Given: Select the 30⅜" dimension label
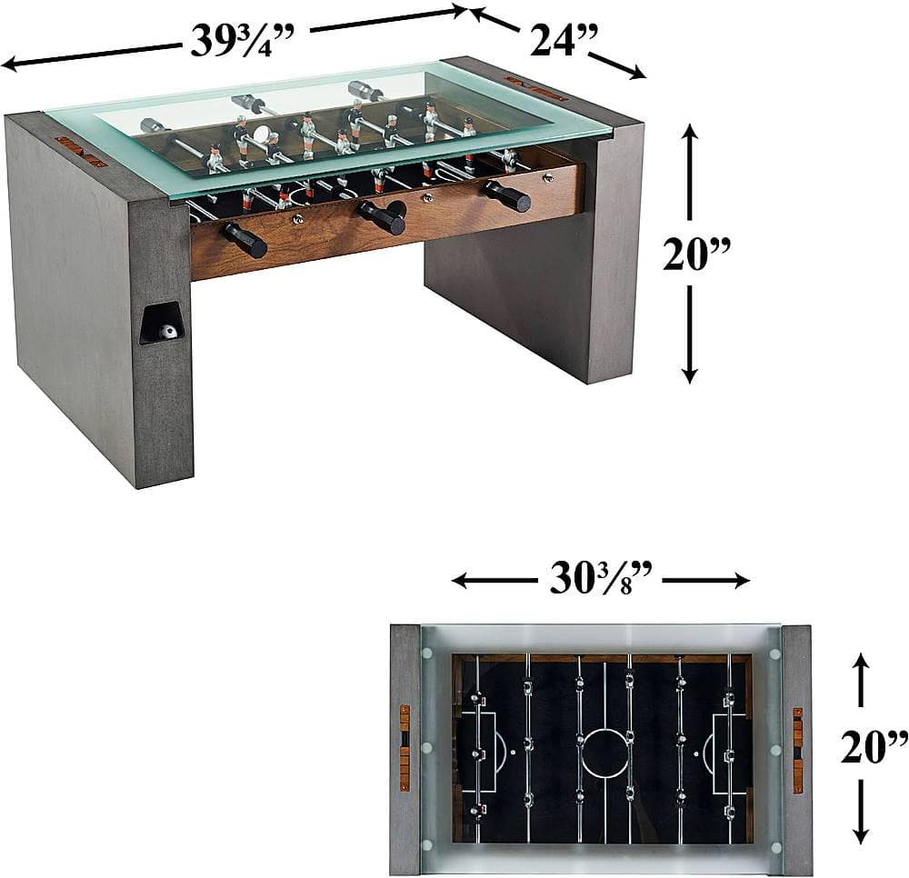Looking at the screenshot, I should point(600,579).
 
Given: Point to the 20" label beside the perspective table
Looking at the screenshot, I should point(692,254).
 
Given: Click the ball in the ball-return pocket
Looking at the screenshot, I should point(166,332).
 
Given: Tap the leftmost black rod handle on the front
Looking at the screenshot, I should point(244,240).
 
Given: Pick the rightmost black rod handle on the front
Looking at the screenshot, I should point(507,195).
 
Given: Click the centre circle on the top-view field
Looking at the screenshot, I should point(604,753).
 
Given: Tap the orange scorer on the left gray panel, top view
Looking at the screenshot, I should point(405,747).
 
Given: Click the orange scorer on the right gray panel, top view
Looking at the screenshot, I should point(797,749).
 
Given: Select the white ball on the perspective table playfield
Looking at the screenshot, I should point(262,135).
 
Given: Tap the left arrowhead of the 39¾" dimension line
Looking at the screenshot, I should point(7,64).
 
